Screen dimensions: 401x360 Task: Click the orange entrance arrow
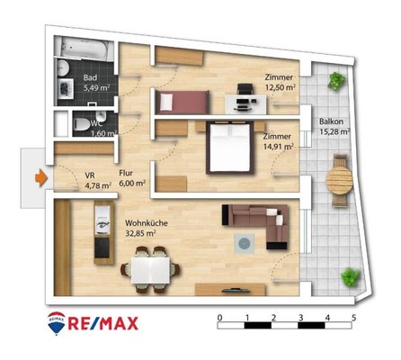(41, 178)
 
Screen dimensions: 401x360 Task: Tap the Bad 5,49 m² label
(96, 83)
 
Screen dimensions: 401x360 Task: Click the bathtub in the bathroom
(84, 47)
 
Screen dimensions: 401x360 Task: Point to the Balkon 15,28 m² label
(335, 126)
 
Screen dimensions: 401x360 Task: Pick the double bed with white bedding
(230, 148)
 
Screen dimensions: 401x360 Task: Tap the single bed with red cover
(182, 102)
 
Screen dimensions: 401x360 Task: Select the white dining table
(150, 271)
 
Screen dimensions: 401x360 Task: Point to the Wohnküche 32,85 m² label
(147, 228)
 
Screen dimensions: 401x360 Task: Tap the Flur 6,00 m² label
(132, 178)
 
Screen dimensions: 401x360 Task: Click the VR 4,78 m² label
(98, 181)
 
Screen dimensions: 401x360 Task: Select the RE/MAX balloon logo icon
(57, 323)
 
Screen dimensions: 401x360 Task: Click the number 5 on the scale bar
(354, 318)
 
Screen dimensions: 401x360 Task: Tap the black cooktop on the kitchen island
(102, 247)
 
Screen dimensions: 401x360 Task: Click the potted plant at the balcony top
(336, 81)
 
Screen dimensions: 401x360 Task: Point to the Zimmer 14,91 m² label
(278, 141)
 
